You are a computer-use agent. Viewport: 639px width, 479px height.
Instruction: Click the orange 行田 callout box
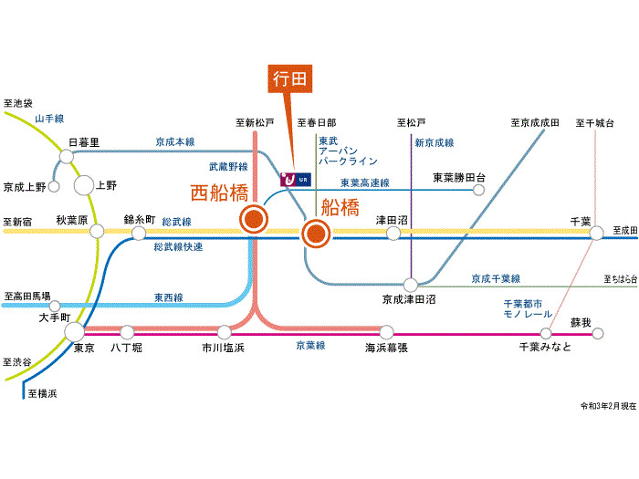click(x=290, y=79)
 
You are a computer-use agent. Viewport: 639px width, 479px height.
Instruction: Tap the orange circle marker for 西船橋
click(x=253, y=219)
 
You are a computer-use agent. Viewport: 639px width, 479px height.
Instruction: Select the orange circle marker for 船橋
click(x=315, y=234)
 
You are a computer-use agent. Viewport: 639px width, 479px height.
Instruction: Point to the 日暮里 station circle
click(x=67, y=157)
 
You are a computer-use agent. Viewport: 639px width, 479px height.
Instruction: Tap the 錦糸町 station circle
click(x=138, y=234)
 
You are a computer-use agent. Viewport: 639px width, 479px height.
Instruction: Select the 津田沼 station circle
click(x=393, y=234)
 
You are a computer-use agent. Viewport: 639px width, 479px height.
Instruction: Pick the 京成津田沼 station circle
click(x=411, y=285)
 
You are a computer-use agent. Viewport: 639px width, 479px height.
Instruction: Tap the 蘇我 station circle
click(x=597, y=334)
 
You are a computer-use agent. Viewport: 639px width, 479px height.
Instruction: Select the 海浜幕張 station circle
click(x=386, y=334)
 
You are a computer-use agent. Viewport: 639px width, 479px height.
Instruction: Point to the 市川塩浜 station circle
click(x=223, y=334)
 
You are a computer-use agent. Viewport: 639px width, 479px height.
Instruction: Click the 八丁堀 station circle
click(x=127, y=334)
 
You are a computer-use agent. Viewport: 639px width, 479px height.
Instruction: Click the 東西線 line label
click(x=168, y=297)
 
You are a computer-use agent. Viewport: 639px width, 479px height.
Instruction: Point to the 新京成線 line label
click(x=434, y=143)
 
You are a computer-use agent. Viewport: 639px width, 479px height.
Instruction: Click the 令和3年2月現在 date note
click(x=606, y=405)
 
